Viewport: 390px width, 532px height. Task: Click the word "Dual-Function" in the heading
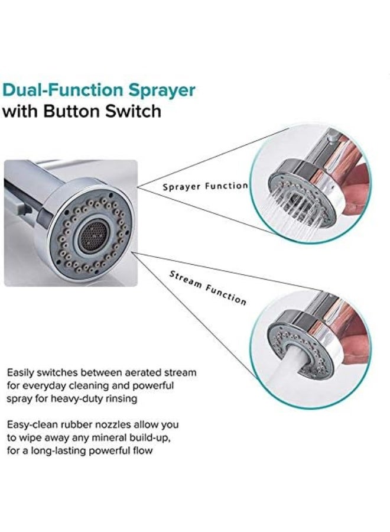[x=63, y=90]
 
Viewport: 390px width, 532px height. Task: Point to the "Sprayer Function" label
[x=205, y=186]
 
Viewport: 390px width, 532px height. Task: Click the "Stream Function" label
[x=208, y=288]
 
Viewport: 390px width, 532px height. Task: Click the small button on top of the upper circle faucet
[x=332, y=137]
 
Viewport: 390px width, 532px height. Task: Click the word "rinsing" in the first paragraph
[x=122, y=398]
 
